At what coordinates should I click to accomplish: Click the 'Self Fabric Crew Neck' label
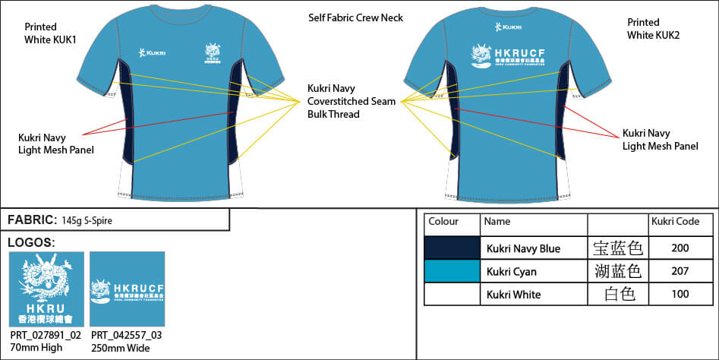[x=355, y=17]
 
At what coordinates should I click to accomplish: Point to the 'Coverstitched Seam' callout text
[x=352, y=101]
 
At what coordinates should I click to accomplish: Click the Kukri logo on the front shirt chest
[x=153, y=52]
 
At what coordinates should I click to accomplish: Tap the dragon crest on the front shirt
[x=214, y=55]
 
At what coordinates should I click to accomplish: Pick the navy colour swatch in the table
[x=451, y=248]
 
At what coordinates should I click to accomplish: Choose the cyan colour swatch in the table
[x=451, y=271]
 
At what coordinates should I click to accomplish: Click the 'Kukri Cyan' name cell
[x=513, y=271]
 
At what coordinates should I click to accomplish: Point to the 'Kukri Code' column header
[x=675, y=221]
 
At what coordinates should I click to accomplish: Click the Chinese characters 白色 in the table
[x=617, y=294]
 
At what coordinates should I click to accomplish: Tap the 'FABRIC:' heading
[x=30, y=219]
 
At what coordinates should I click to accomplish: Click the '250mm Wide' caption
[x=120, y=348]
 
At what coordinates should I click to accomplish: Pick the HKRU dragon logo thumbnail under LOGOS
[x=46, y=289]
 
